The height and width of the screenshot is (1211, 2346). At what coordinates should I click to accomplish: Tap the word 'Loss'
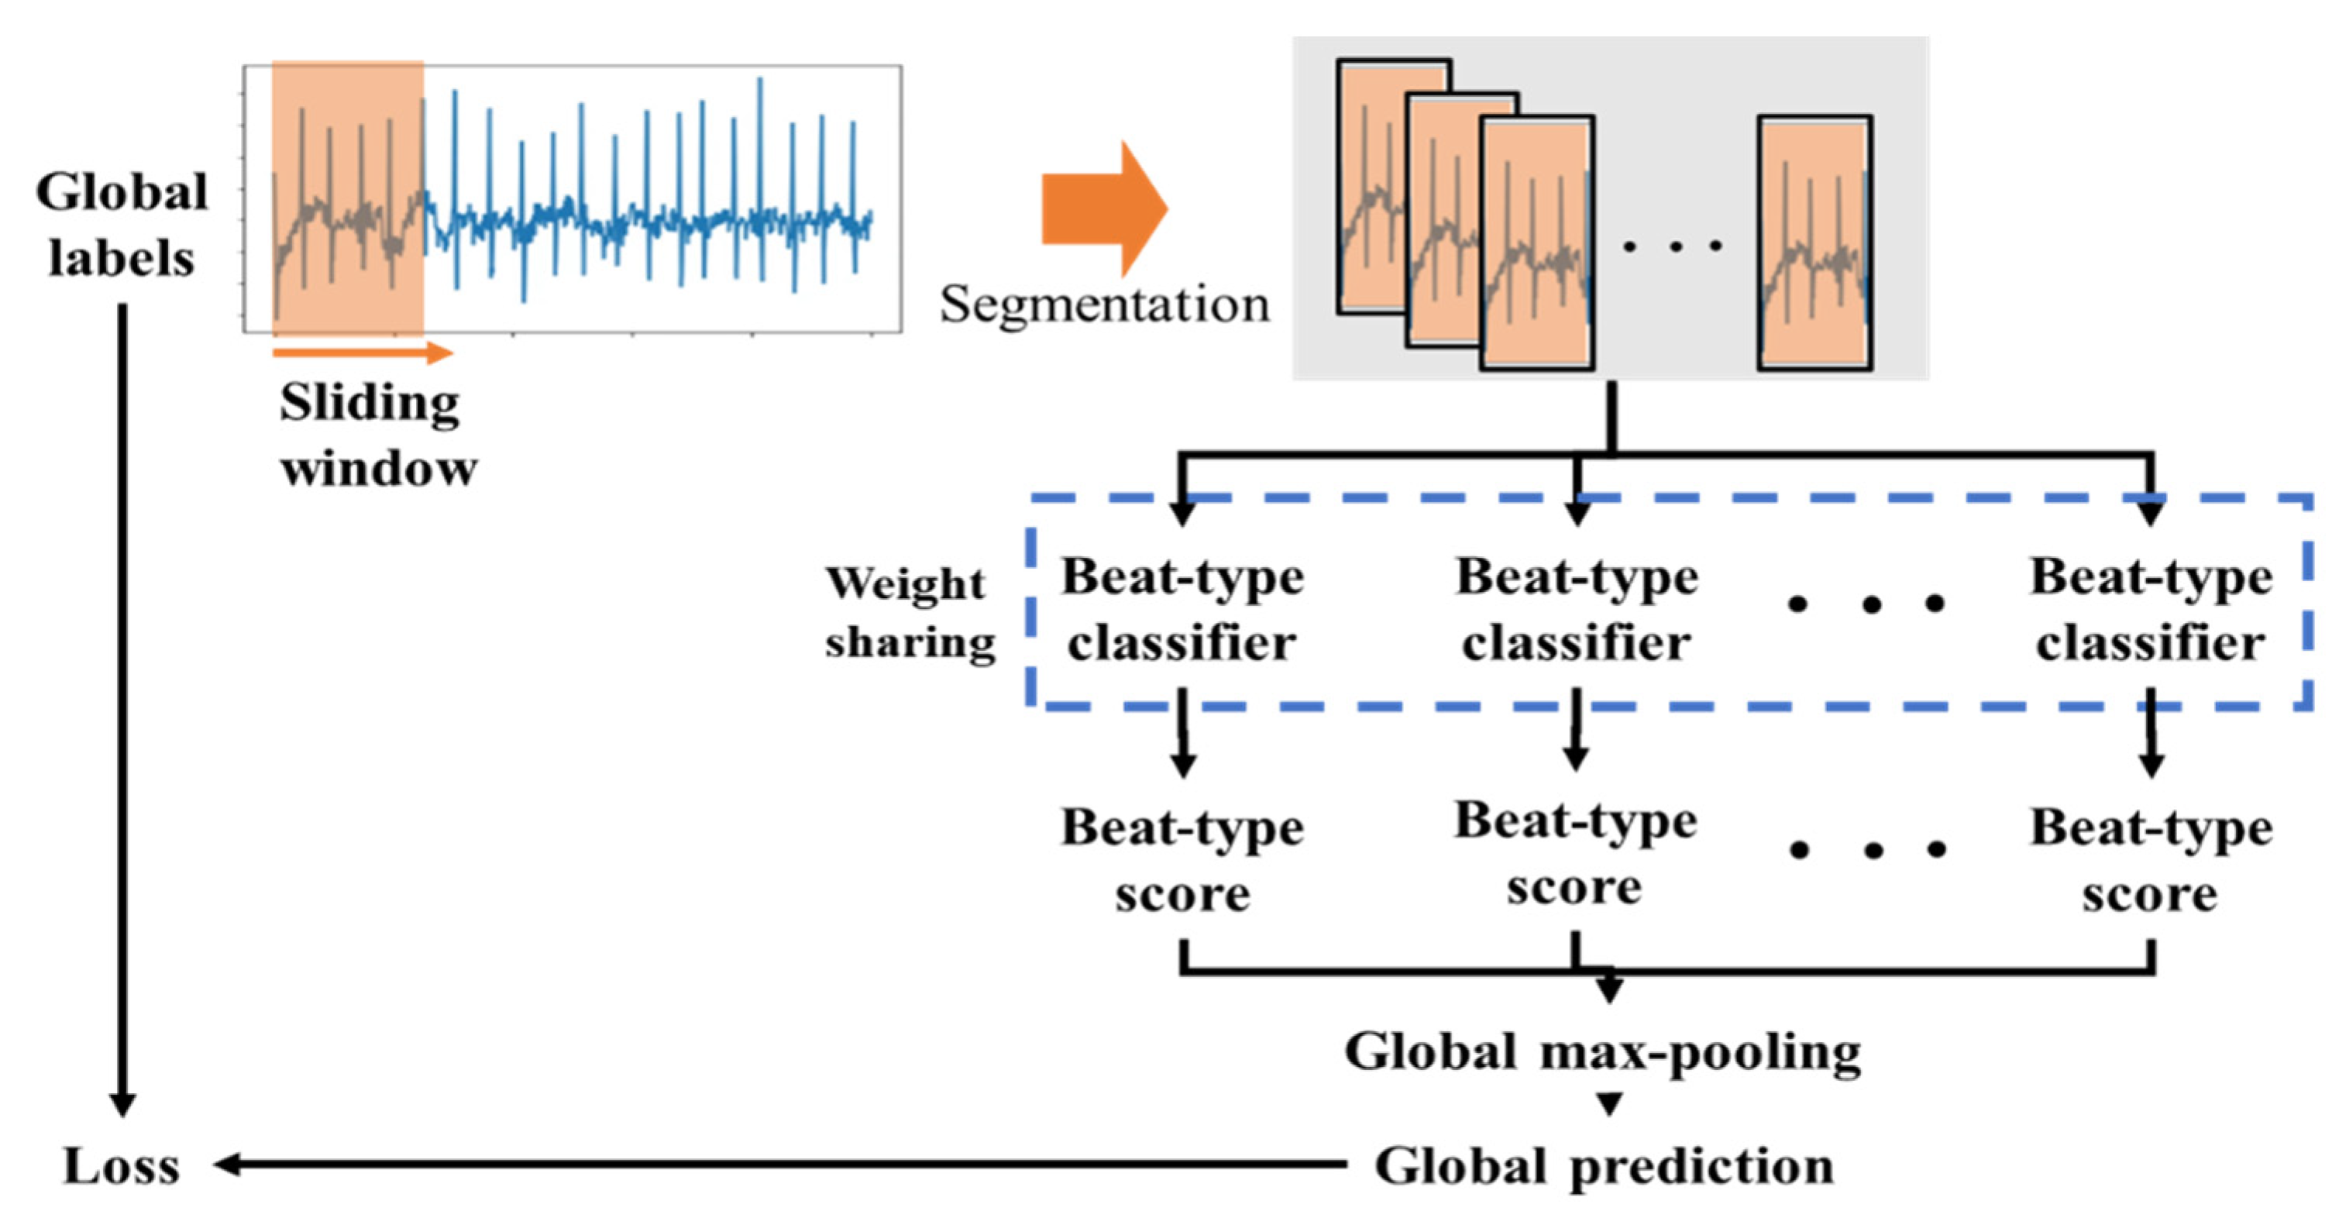coord(121,1165)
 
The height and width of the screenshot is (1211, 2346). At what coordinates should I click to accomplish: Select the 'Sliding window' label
coord(377,435)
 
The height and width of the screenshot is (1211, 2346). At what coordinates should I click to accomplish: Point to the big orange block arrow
coord(1104,208)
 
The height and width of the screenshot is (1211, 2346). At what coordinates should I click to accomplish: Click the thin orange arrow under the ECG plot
coord(362,353)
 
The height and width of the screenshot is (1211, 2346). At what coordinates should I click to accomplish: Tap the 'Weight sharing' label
coord(909,612)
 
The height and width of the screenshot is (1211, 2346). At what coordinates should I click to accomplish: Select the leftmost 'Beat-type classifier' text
coord(1182,609)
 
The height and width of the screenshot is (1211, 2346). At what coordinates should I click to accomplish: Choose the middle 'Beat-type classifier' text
coord(1577,609)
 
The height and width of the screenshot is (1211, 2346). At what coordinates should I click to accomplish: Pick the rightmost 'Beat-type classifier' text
coord(2150,609)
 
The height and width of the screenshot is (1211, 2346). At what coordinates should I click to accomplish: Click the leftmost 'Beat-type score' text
coord(1182,861)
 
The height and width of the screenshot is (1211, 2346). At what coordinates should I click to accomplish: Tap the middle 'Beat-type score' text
coord(1576,853)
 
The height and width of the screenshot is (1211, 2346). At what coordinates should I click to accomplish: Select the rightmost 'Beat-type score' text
coord(2150,861)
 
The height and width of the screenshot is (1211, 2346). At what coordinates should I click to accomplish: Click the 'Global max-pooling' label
coord(1603,1053)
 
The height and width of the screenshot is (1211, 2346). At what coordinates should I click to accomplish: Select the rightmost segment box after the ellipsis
coord(1815,243)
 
